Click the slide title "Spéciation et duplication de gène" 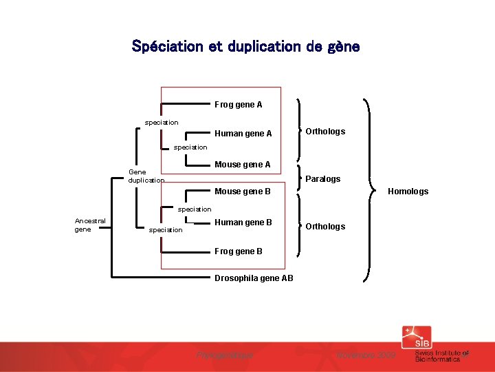(x=245, y=47)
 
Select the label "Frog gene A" (x=238, y=105)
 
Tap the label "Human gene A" (x=243, y=134)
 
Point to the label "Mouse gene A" (x=243, y=165)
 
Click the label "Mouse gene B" (x=243, y=191)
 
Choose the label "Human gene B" (x=243, y=223)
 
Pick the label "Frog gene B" (x=238, y=251)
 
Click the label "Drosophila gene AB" (x=254, y=278)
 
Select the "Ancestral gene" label (x=90, y=225)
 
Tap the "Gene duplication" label (x=146, y=176)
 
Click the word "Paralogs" (x=322, y=179)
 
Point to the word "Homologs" (x=408, y=192)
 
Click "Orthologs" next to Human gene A (x=325, y=132)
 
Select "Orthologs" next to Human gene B (x=325, y=227)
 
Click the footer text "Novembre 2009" (x=366, y=355)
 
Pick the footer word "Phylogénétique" (x=225, y=355)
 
